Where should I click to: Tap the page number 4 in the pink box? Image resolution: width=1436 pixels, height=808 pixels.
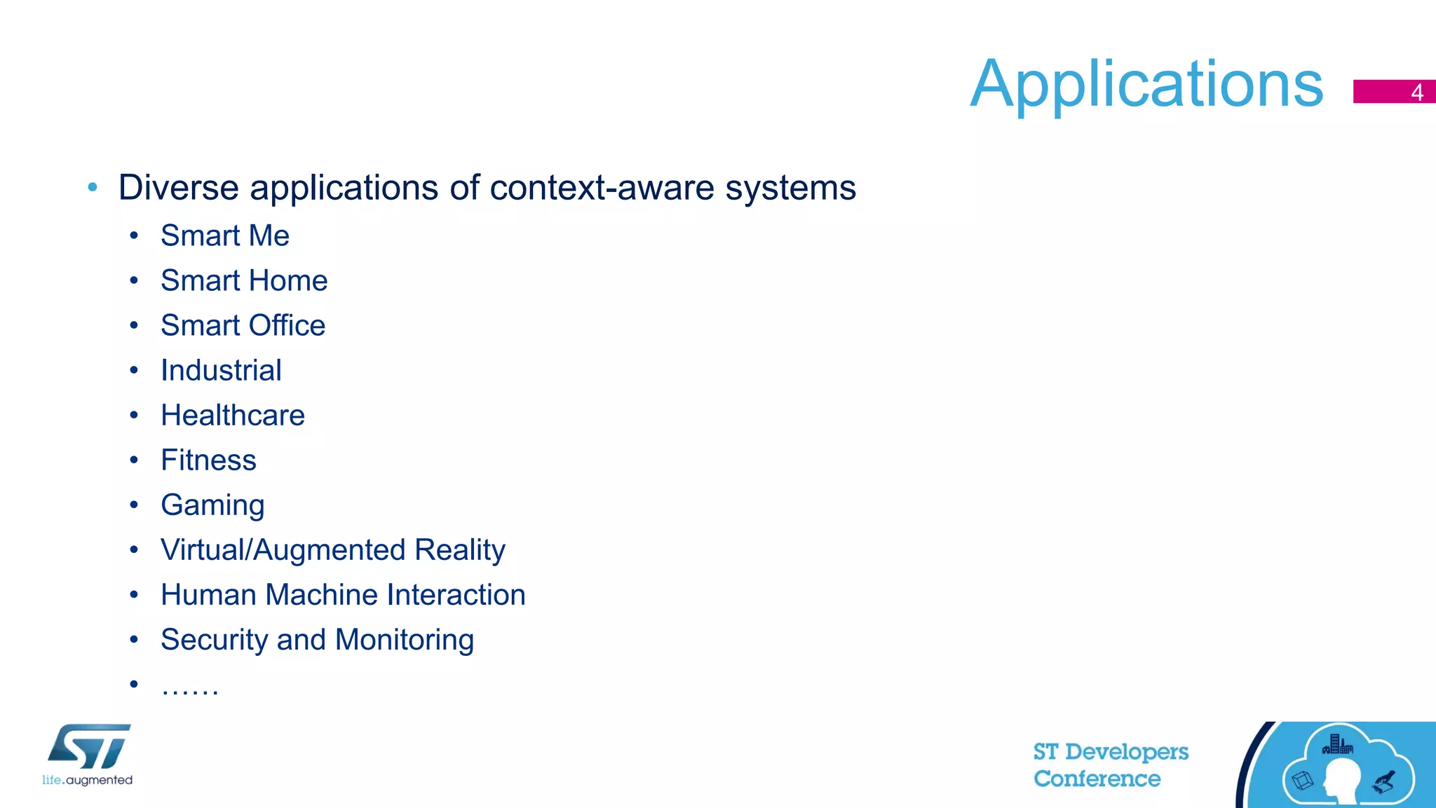coord(1416,93)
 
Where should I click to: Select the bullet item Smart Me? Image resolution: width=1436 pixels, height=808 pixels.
coord(224,235)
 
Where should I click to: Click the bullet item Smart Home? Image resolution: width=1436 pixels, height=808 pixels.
coord(244,280)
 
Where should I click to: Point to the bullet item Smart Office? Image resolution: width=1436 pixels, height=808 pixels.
coord(243,325)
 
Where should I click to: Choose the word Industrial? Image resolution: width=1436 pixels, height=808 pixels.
coord(221,370)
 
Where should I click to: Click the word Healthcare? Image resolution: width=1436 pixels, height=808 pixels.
coord(233,415)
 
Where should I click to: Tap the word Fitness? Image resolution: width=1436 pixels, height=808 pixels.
coord(208,460)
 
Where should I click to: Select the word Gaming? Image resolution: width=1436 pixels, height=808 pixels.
coord(212,505)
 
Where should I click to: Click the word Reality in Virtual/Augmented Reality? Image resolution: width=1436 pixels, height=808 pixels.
coord(459,550)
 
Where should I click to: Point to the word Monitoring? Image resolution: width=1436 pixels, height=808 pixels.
coord(404,640)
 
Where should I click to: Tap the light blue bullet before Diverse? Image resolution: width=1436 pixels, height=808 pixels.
coord(93,187)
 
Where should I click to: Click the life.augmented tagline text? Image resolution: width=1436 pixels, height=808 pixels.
coord(87,780)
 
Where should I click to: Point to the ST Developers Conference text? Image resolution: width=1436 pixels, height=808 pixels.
coord(1110,765)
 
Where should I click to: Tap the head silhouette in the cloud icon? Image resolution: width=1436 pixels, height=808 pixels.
coord(1341,779)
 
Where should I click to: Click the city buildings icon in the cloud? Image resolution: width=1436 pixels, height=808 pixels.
coord(1337,744)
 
